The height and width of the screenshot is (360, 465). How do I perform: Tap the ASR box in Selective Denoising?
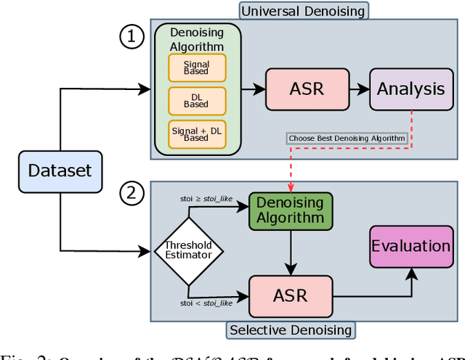pos(290,296)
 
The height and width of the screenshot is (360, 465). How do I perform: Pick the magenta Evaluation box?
pos(411,246)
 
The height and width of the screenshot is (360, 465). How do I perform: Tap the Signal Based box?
pos(197,67)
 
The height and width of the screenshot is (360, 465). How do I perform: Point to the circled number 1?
pos(132,37)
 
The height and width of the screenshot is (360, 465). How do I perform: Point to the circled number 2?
pos(132,194)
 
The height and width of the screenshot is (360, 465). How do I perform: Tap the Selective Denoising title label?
pos(290,331)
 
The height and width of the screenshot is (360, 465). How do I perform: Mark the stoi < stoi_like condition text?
pos(205,303)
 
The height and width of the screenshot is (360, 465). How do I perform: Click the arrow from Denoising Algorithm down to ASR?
pos(290,253)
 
